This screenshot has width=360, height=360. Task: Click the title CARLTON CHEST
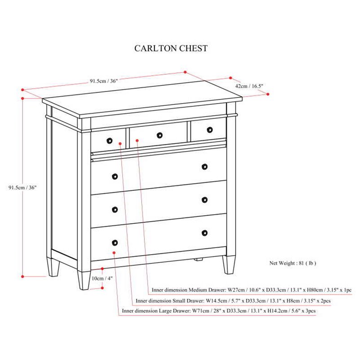click(x=171, y=49)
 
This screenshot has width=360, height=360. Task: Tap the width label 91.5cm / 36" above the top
click(x=104, y=81)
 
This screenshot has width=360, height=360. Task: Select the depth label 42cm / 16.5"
click(x=249, y=86)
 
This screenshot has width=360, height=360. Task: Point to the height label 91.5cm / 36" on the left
click(x=22, y=187)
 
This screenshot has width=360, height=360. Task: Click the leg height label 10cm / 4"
click(x=102, y=279)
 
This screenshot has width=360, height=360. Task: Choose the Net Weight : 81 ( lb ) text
click(x=293, y=263)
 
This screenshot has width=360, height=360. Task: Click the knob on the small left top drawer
click(x=109, y=141)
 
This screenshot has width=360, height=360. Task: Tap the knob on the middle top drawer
click(x=160, y=135)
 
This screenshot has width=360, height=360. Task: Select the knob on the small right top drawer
click(x=210, y=130)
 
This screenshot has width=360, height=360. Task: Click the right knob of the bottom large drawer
click(x=205, y=233)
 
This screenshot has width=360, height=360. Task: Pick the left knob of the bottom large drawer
click(x=115, y=243)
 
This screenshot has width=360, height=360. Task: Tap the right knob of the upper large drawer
click(x=205, y=166)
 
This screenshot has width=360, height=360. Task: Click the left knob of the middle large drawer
click(x=115, y=210)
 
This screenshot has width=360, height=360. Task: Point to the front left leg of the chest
click(x=84, y=280)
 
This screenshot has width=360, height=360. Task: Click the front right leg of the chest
click(x=229, y=265)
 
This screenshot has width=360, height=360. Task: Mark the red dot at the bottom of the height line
click(x=22, y=276)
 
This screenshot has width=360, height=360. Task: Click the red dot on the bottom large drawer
click(x=114, y=252)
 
